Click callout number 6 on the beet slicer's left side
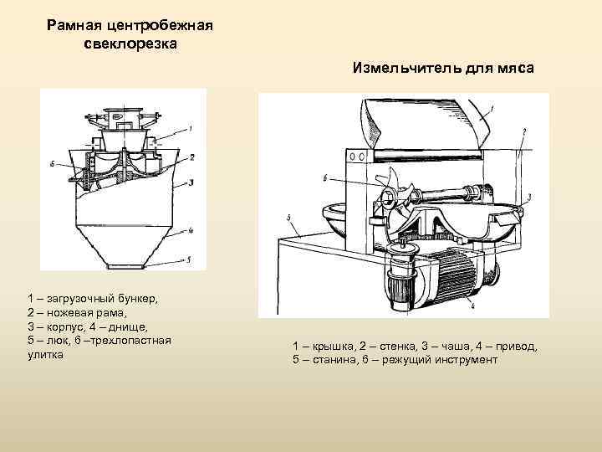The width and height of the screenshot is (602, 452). [x=52, y=165]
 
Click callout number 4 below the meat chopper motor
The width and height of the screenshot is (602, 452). [x=473, y=307]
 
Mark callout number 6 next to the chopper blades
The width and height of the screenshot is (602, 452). [x=325, y=178]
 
